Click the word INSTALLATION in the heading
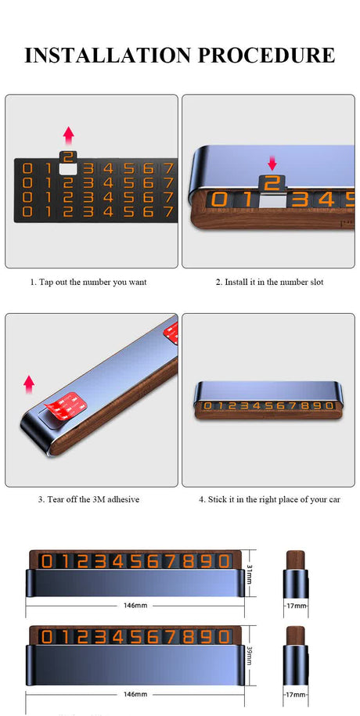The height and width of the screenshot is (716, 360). [x=108, y=55]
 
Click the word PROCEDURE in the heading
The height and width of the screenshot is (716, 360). [x=267, y=55]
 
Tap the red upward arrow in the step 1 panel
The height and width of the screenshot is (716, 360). [x=69, y=135]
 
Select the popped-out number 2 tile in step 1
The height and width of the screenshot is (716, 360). [x=69, y=157]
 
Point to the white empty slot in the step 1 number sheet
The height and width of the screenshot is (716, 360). [x=69, y=169]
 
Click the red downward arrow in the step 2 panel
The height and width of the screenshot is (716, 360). [x=272, y=164]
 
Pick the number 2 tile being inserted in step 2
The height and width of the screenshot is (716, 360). [x=272, y=183]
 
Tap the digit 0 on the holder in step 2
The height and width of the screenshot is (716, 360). [x=219, y=200]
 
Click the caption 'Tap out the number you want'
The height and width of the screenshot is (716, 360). [x=88, y=282]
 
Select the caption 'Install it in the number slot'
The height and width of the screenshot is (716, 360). [x=269, y=282]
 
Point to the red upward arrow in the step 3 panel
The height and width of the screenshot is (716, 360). [x=29, y=384]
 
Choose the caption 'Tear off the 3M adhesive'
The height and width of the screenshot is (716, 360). [x=88, y=499]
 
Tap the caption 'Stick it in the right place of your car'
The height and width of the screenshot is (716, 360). [x=269, y=499]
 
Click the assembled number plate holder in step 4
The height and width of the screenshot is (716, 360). [x=268, y=401]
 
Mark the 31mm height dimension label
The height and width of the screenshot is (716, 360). [x=250, y=573]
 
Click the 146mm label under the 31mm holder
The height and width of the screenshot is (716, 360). [x=135, y=606]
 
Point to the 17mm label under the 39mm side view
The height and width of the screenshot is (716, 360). [x=296, y=694]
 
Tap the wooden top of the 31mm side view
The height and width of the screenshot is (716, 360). [x=296, y=559]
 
